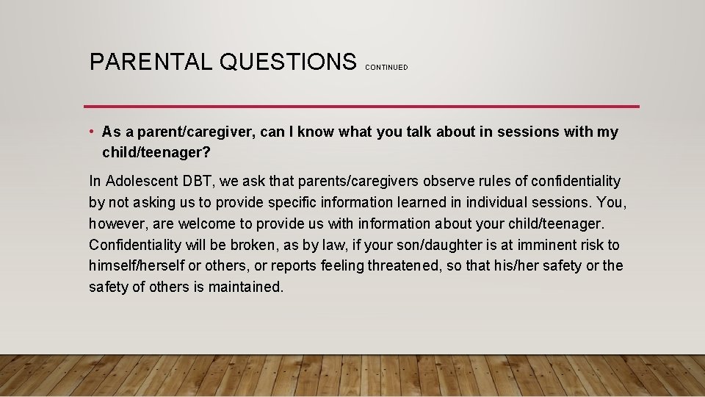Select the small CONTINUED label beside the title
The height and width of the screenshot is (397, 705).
tap(386, 67)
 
